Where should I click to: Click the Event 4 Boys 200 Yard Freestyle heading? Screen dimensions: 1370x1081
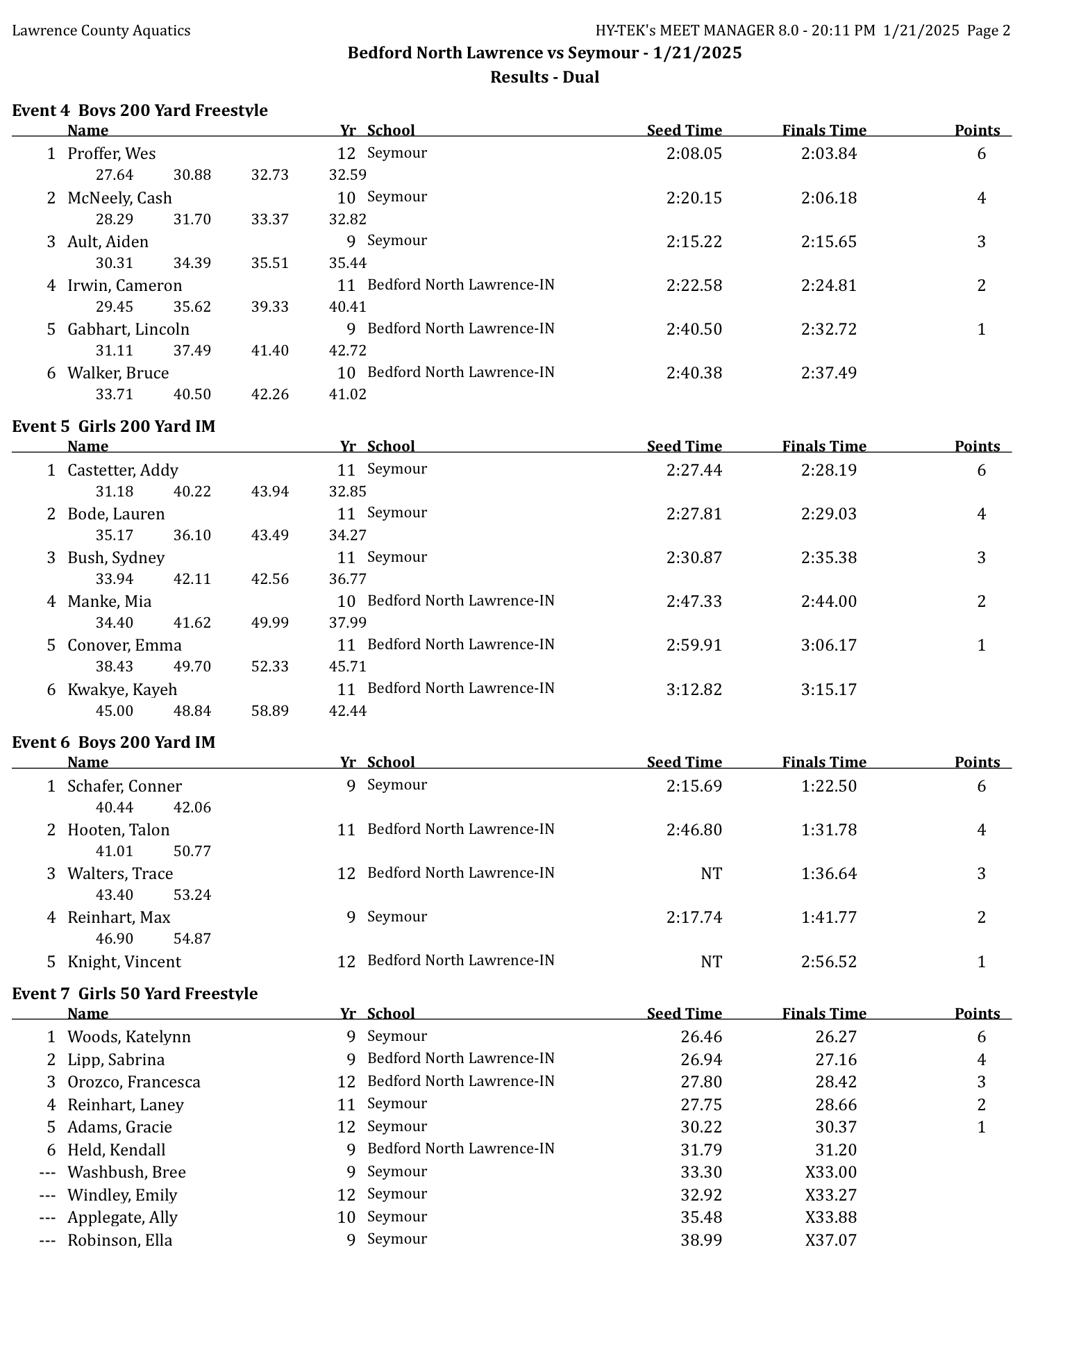pyautogui.click(x=140, y=110)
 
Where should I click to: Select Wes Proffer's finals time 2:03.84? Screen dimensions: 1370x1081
pyautogui.click(x=828, y=153)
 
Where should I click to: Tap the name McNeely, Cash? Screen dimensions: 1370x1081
pyautogui.click(x=119, y=198)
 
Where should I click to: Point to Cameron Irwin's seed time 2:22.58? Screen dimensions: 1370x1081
pyautogui.click(x=694, y=285)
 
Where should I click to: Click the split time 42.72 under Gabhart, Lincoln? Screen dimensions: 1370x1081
pyautogui.click(x=347, y=351)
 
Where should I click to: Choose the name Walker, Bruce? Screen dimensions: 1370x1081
pyautogui.click(x=118, y=373)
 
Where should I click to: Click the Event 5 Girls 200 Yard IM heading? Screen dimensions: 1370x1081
pyautogui.click(x=114, y=426)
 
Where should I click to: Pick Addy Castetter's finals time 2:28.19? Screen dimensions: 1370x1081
pyautogui.click(x=828, y=470)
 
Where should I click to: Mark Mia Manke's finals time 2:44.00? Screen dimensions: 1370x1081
pyautogui.click(x=828, y=601)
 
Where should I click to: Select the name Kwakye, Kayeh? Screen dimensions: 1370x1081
pyautogui.click(x=122, y=690)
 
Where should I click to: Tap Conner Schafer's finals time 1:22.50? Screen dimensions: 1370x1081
pyautogui.click(x=828, y=786)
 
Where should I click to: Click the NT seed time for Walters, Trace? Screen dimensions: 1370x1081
pyautogui.click(x=711, y=874)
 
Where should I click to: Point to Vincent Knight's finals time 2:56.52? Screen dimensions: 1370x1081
pyautogui.click(x=828, y=962)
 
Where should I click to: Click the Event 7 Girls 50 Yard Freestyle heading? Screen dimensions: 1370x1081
pyautogui.click(x=135, y=994)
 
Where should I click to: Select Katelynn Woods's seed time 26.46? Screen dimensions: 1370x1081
pyautogui.click(x=701, y=1037)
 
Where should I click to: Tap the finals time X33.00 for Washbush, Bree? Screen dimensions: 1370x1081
pyautogui.click(x=830, y=1172)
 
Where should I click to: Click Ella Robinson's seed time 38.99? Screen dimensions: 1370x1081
pyautogui.click(x=701, y=1240)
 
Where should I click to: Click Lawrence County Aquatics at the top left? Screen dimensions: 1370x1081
pyautogui.click(x=101, y=31)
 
